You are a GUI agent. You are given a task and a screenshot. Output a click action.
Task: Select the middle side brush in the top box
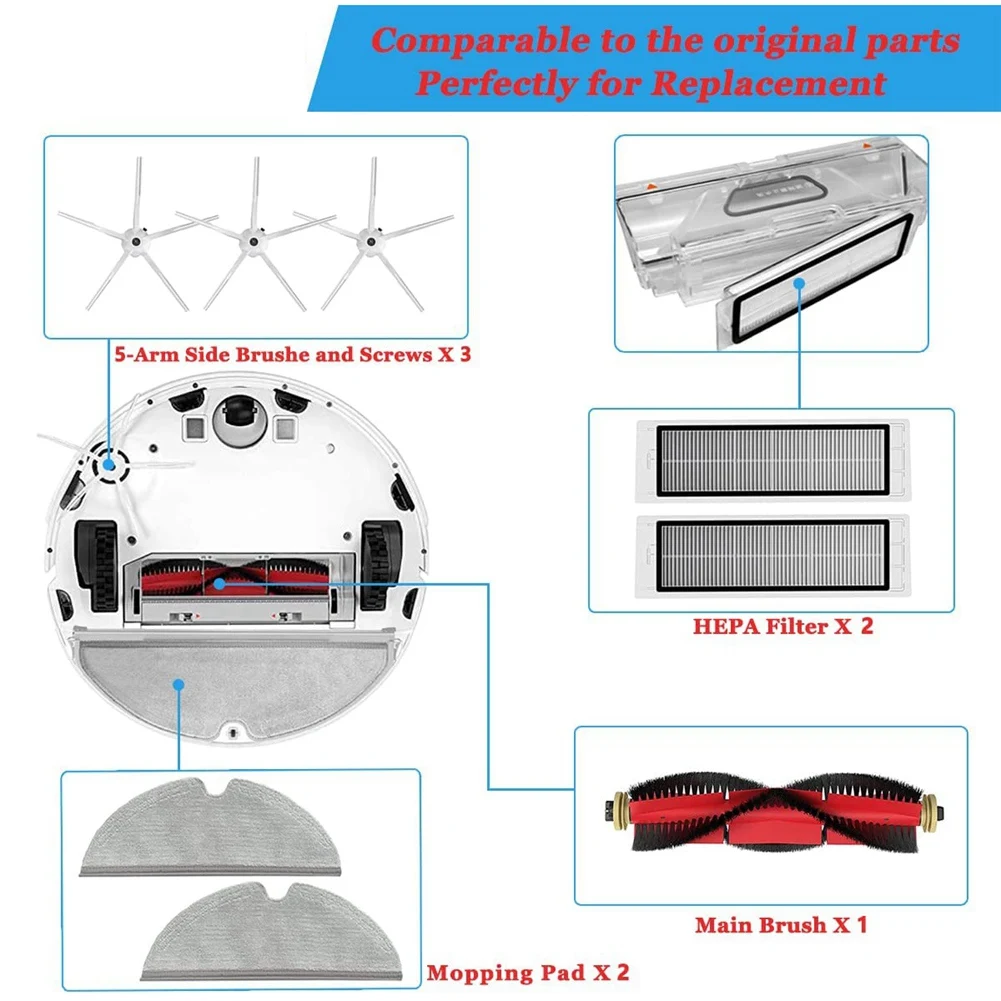coord(253,240)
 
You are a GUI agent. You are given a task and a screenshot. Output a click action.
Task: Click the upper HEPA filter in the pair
coord(770,460)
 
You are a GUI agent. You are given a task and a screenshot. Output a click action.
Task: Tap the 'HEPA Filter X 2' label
coord(783,627)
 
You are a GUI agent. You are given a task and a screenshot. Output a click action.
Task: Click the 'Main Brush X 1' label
coord(781,924)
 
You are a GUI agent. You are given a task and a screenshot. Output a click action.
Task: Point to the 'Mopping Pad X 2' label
coord(527,971)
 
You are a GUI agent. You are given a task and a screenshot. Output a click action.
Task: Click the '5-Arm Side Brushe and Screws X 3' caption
coord(289,354)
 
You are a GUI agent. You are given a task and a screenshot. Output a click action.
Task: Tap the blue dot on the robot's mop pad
coord(177,685)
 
